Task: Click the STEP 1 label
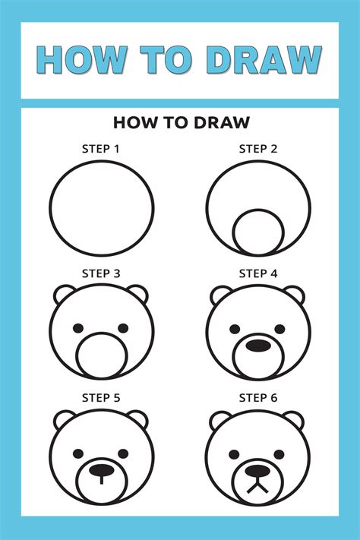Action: pos(101,149)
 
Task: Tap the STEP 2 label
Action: pos(258,149)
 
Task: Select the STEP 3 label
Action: pos(101,273)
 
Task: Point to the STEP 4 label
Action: pos(258,273)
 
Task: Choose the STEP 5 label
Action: pos(101,397)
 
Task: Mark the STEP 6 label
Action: pos(258,397)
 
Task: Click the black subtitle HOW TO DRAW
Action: pos(180,122)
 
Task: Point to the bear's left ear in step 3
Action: pos(64,293)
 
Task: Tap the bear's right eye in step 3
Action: pos(123,329)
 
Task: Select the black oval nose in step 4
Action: pos(258,346)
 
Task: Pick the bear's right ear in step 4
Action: pos(296,293)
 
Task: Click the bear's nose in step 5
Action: pos(102,470)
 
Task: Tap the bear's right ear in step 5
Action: pos(139,418)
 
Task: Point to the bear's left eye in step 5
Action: pos(79,453)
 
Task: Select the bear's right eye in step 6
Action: pos(280,453)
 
